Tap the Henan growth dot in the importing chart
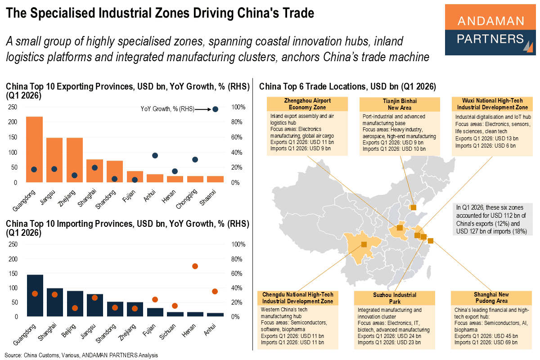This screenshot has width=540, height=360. pos(195,266)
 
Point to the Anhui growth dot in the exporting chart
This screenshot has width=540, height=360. pos(155,155)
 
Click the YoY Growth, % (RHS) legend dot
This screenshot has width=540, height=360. pos(215,109)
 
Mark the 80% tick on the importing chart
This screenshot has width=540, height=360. pos(237,259)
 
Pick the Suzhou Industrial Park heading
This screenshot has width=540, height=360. pos(394,298)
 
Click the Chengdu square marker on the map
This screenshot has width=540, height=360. pos(364,244)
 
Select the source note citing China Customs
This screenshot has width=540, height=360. pos(81,355)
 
